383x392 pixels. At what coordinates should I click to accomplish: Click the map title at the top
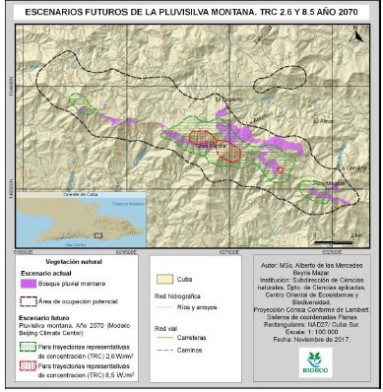[191, 13]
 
